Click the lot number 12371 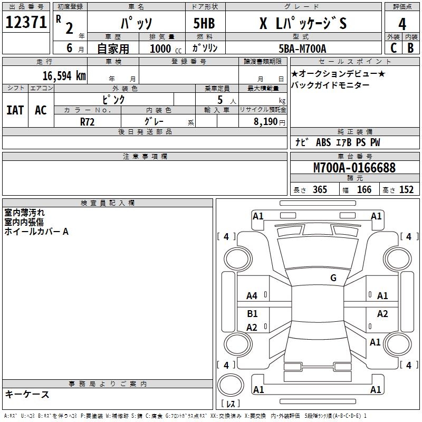coord(26,23)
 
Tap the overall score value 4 coord(402,24)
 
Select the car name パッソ coord(136,24)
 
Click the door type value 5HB coord(204,24)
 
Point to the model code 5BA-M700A coord(302,49)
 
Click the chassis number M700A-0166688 coord(354,168)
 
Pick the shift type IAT coord(15,110)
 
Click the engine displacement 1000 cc coord(164,49)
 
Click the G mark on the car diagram coord(333,278)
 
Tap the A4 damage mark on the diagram coord(252,296)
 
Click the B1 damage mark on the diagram coord(252,314)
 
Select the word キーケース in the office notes coord(27,394)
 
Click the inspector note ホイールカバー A coord(36,232)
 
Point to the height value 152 coord(406,190)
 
